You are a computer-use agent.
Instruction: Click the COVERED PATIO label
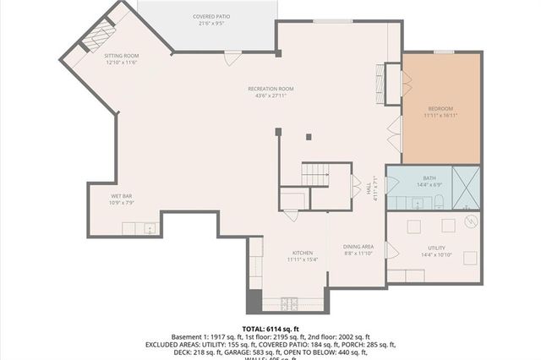pos(210,16)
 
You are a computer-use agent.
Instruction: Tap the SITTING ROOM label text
pos(122,56)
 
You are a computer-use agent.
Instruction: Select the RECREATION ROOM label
pos(270,89)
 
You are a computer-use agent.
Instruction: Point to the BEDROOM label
pos(440,109)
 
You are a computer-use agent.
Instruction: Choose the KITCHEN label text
pos(303,253)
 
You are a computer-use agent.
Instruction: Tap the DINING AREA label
pos(358,247)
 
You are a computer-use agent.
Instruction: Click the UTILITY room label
pos(436,248)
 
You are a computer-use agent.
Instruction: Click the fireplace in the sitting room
pos(96,36)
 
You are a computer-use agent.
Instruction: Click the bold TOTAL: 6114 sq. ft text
pos(270,328)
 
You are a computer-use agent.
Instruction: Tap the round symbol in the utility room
pos(471,221)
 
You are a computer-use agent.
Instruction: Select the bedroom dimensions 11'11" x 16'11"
pos(440,117)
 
